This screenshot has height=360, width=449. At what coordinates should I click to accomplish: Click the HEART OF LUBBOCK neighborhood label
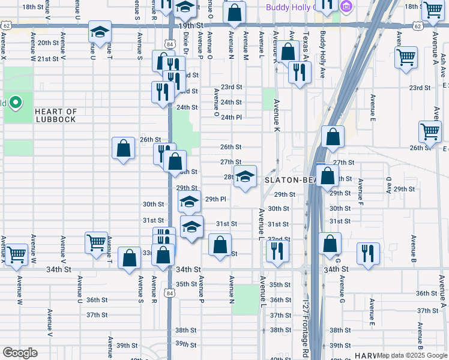[55, 115]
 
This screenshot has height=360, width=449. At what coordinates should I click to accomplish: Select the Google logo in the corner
[20, 353]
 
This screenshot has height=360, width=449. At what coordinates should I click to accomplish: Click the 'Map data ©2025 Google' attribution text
[412, 356]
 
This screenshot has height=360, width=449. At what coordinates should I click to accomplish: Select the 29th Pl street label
[215, 199]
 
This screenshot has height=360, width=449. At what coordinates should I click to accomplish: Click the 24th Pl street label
[231, 118]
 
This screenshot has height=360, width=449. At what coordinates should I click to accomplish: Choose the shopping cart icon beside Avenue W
[16, 254]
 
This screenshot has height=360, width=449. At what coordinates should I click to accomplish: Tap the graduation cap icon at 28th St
[244, 176]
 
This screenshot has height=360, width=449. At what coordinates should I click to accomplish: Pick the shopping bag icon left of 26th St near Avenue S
[123, 148]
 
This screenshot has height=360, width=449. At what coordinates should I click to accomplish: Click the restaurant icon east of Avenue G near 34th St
[368, 253]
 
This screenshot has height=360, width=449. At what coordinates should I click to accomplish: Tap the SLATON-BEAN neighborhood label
[285, 180]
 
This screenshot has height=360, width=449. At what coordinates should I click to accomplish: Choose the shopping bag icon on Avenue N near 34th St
[220, 244]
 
